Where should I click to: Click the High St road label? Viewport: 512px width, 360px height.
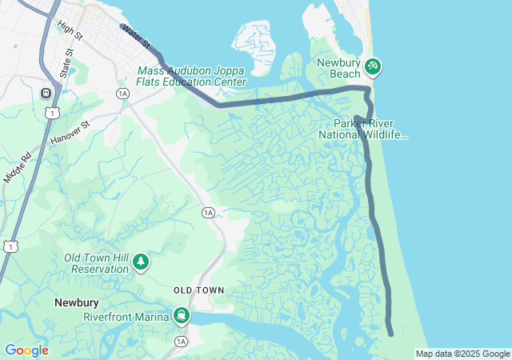(70, 32)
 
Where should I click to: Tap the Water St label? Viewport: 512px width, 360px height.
(136, 34)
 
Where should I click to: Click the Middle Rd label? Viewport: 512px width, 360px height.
(17, 165)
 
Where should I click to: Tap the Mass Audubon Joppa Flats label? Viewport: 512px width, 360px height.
(192, 76)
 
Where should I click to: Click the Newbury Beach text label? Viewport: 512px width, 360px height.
(339, 68)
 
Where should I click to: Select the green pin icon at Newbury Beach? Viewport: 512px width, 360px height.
(372, 66)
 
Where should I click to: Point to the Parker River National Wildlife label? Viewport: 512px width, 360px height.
(363, 130)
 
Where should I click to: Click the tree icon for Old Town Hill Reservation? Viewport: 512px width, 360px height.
(141, 262)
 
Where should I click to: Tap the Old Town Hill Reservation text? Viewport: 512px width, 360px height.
(96, 263)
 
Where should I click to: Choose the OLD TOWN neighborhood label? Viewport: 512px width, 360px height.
(198, 289)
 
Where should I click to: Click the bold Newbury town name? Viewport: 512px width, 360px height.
(76, 303)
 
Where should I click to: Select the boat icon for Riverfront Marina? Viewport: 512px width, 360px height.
(183, 315)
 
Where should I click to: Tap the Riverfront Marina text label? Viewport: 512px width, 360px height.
(126, 317)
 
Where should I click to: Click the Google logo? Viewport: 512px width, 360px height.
(26, 350)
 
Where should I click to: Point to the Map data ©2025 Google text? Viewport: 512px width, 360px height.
(462, 354)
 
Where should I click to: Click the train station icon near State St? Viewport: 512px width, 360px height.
(46, 93)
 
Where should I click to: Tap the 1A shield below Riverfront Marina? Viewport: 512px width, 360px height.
(181, 342)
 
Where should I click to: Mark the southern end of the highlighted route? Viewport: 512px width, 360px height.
(390, 333)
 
